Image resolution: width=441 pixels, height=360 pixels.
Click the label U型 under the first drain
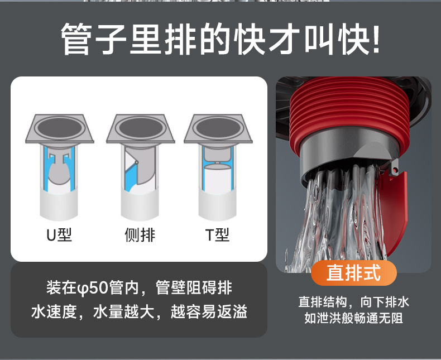[59, 234]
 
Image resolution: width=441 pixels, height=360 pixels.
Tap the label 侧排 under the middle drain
[140, 234]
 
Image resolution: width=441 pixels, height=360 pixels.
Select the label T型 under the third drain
[217, 234]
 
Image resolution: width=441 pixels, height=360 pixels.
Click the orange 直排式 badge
[354, 273]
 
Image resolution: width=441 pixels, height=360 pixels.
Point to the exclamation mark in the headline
[376, 39]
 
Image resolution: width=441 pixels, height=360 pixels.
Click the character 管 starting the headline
[76, 39]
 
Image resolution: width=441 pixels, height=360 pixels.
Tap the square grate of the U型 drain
[59, 128]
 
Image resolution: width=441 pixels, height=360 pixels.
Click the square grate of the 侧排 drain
[140, 128]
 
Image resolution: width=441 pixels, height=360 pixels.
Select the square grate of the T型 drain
[218, 128]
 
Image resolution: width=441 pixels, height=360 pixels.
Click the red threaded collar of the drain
[349, 110]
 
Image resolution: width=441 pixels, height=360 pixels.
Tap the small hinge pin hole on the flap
[395, 170]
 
